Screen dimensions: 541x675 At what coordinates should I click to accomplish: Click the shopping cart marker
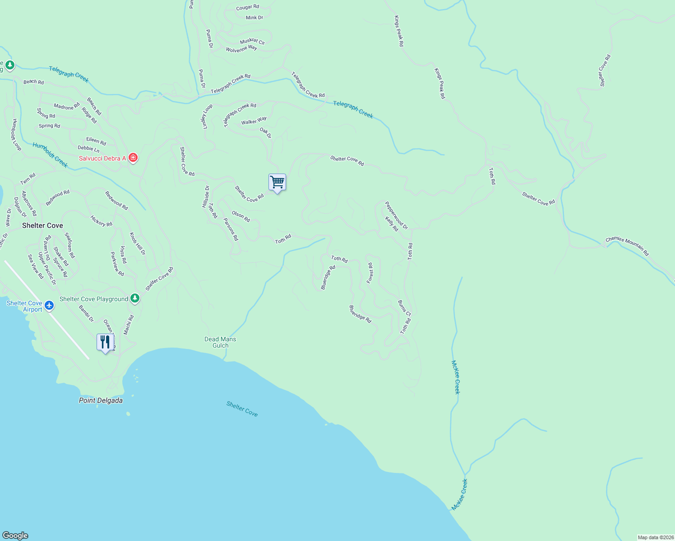[x=277, y=183]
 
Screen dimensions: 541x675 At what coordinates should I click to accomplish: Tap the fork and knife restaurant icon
[x=105, y=342]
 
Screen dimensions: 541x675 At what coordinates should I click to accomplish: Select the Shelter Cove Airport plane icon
[x=49, y=306]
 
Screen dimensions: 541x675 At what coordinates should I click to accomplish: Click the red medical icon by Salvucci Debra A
[x=133, y=158]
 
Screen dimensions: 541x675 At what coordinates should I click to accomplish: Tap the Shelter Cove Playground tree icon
[x=134, y=298]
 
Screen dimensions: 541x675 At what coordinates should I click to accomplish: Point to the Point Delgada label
[x=101, y=400]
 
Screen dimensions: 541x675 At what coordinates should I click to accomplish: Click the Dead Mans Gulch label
[x=220, y=342]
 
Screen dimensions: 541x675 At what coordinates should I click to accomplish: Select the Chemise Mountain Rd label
[x=627, y=246]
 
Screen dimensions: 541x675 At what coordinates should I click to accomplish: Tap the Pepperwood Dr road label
[x=396, y=215]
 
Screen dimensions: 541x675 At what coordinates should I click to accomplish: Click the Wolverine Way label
[x=241, y=49]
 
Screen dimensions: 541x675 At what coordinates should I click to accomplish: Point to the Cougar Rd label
[x=248, y=7]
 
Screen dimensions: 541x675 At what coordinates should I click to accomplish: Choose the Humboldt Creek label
[x=50, y=155]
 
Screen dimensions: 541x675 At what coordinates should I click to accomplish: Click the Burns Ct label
[x=404, y=308]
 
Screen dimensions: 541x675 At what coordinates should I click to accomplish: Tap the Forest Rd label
[x=370, y=273]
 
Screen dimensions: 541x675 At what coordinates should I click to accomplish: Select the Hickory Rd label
[x=101, y=221]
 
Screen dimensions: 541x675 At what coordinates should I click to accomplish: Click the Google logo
[x=15, y=536]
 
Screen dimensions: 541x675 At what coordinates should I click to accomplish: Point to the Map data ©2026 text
[x=655, y=537]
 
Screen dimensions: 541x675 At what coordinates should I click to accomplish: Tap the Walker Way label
[x=254, y=121]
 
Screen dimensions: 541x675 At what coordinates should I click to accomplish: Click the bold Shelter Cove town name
[x=42, y=225]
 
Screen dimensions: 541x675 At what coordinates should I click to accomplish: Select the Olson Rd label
[x=241, y=216]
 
